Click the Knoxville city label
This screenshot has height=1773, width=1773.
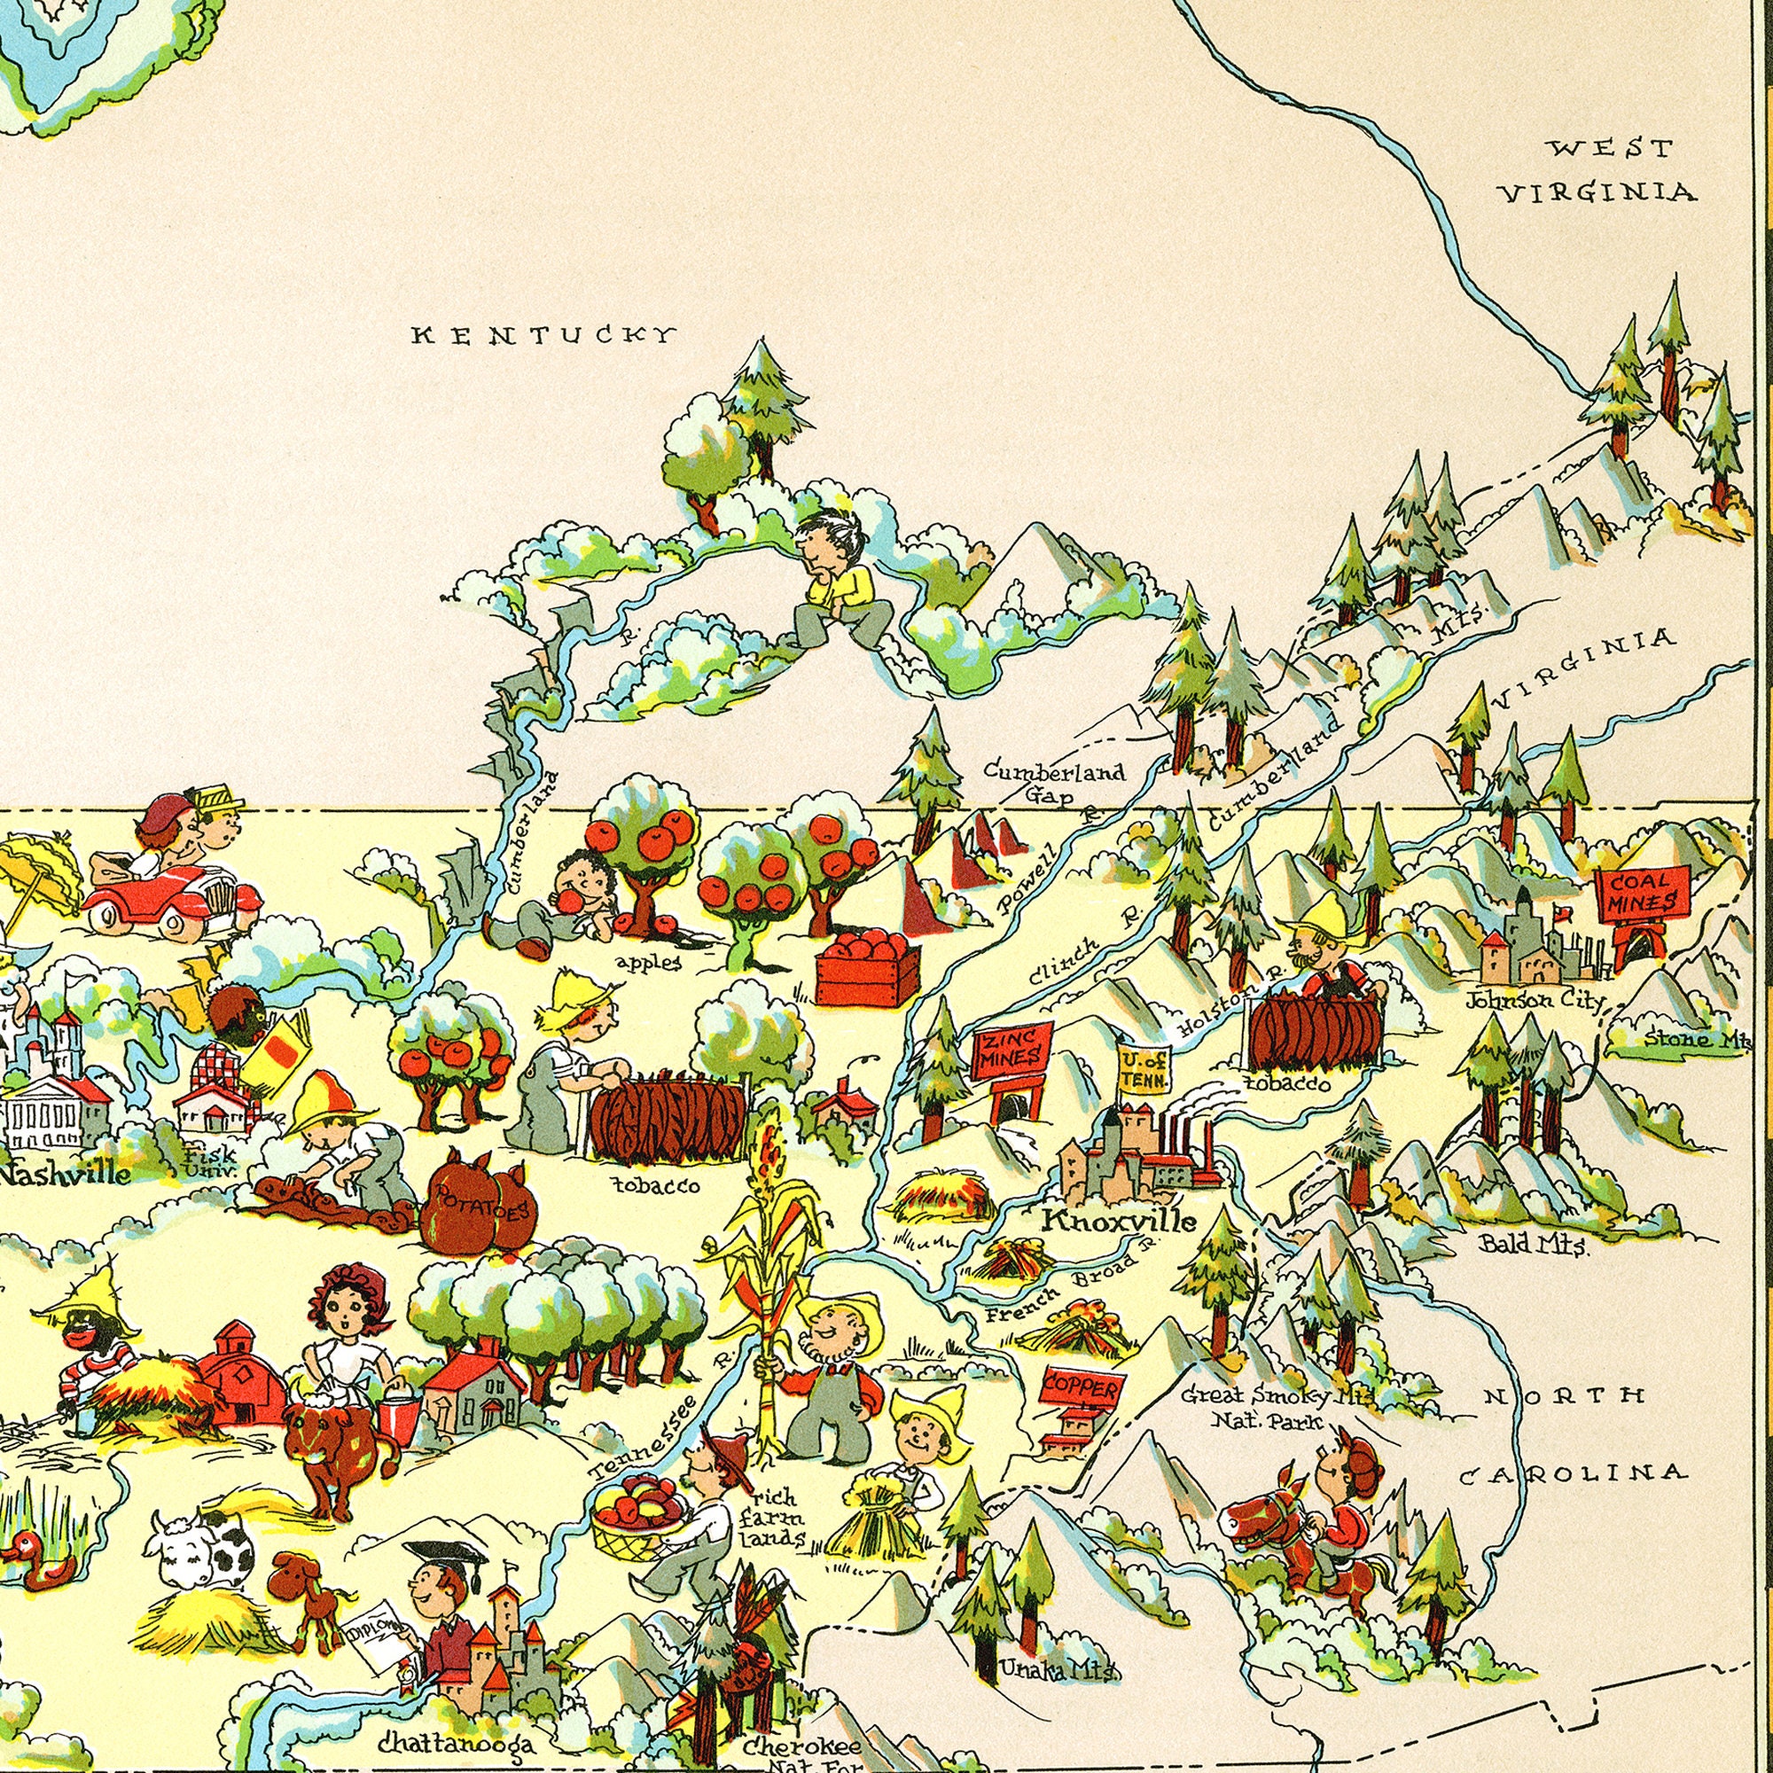1119,1222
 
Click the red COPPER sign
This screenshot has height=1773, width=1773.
1081,1389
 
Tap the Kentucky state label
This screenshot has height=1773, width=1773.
545,335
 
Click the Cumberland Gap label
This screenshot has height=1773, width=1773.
1054,782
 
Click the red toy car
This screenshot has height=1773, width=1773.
172,897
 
